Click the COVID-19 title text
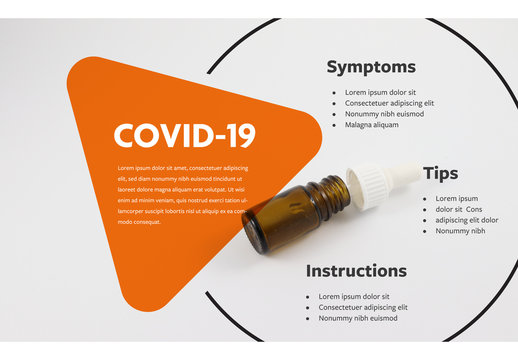[x=184, y=135]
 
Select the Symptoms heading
[x=371, y=67]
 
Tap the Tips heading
[x=440, y=173]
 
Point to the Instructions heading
[x=356, y=271]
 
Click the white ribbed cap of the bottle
[x=371, y=185]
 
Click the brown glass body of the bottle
[x=290, y=214]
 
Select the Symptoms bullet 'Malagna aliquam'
[x=372, y=125]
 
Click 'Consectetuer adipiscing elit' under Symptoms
[x=389, y=103]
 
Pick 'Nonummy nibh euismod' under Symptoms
[x=385, y=114]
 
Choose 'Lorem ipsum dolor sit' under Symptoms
[x=380, y=92]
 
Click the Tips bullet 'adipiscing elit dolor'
[x=467, y=220]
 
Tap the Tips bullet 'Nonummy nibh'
[x=460, y=231]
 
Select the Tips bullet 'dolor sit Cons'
[x=459, y=209]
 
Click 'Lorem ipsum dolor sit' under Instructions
[x=354, y=296]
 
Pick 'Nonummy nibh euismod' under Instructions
[x=358, y=318]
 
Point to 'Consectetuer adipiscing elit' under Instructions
[x=363, y=307]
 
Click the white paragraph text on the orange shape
[x=182, y=194]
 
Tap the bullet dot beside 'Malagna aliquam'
[x=334, y=125]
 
